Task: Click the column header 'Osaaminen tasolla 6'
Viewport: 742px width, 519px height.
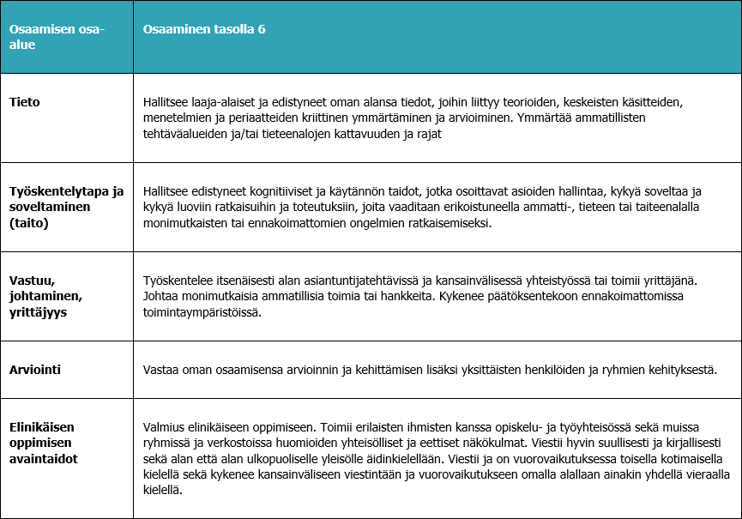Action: tap(203, 29)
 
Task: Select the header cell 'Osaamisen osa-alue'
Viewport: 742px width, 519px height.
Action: tap(57, 36)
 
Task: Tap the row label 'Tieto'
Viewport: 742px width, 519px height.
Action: tap(25, 102)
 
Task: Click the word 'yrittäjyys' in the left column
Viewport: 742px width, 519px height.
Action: tap(39, 312)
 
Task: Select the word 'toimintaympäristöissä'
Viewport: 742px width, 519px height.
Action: tap(202, 312)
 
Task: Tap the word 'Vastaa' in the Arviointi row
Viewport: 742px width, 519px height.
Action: tap(161, 371)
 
